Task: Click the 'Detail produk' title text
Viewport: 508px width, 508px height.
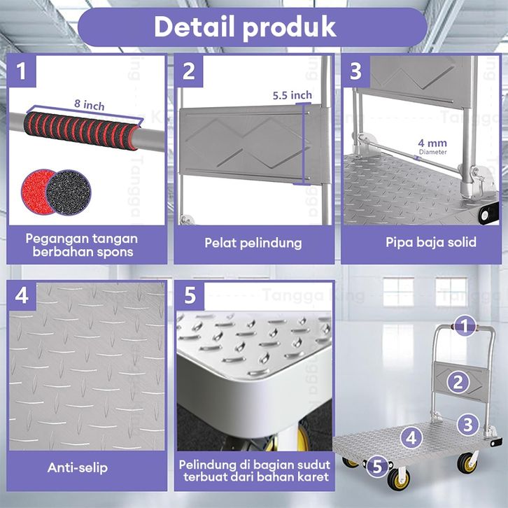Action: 245,27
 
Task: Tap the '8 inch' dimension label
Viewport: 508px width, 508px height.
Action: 90,105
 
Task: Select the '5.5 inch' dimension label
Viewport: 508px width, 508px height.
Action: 292,95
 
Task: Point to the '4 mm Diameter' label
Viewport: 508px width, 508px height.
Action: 432,146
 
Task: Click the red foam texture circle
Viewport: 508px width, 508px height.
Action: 36,191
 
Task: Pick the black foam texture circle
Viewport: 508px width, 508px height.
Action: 69,192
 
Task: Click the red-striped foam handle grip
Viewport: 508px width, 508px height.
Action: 82,131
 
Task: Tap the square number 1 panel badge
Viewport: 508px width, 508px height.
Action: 22,71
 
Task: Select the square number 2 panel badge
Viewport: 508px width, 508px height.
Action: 189,71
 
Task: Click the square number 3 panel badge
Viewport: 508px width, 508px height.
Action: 356,71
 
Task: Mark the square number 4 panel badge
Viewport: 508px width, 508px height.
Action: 22,296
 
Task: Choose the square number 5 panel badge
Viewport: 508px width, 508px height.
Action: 190,296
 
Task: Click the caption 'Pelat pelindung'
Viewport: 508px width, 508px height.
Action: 253,244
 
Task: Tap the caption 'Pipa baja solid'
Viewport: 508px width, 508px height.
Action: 431,242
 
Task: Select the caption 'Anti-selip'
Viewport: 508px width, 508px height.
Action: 78,467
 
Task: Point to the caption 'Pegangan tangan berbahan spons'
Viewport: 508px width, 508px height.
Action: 82,245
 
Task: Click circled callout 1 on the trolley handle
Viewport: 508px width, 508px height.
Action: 465,325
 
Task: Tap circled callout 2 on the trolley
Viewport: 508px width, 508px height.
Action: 458,382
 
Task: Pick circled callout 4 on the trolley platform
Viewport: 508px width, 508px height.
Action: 411,438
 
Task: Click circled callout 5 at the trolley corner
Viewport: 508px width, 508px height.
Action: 378,467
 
